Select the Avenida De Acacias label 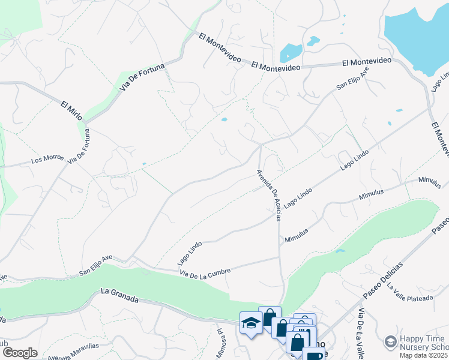269,195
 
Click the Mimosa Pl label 220,344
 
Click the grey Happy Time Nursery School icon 391,342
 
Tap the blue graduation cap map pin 250,323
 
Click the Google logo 20,353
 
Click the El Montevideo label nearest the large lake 366,62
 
